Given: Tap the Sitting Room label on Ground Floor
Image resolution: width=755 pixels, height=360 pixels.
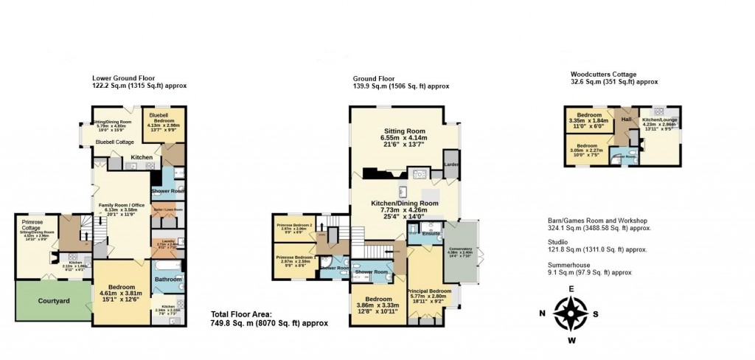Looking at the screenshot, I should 404,130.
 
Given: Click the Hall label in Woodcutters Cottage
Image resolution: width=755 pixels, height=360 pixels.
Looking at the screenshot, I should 627,119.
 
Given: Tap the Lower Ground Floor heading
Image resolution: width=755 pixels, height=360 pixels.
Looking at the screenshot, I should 123,77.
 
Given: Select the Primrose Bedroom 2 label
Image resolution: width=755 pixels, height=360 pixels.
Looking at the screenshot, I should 293,225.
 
